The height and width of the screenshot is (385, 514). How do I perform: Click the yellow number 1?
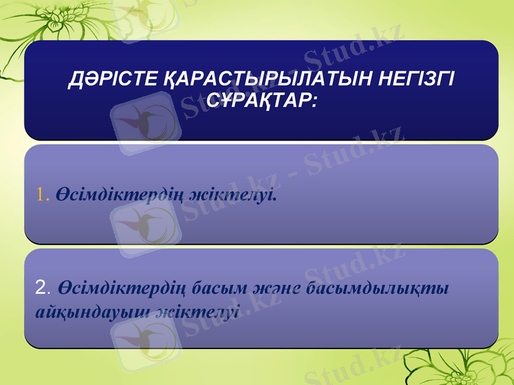point(42,193)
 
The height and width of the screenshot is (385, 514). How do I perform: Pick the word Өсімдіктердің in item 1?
point(119,193)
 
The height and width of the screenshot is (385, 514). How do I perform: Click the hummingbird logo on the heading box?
point(145,122)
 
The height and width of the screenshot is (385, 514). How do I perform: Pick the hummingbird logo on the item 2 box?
point(145,334)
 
